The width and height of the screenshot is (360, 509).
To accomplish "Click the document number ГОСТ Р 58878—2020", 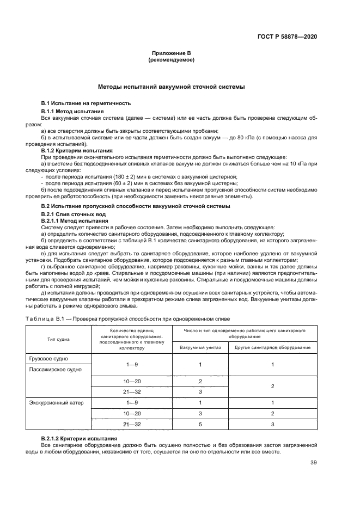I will click(x=287, y=36).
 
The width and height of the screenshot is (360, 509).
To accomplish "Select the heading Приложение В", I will click(x=171, y=53).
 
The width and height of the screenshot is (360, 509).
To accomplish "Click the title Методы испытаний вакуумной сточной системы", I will click(x=171, y=87).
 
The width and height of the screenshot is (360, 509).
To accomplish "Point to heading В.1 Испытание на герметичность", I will click(x=86, y=103).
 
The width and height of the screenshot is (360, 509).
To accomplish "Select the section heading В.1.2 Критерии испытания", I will click(x=77, y=150).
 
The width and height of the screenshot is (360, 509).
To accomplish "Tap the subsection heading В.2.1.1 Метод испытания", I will click(x=73, y=221).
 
